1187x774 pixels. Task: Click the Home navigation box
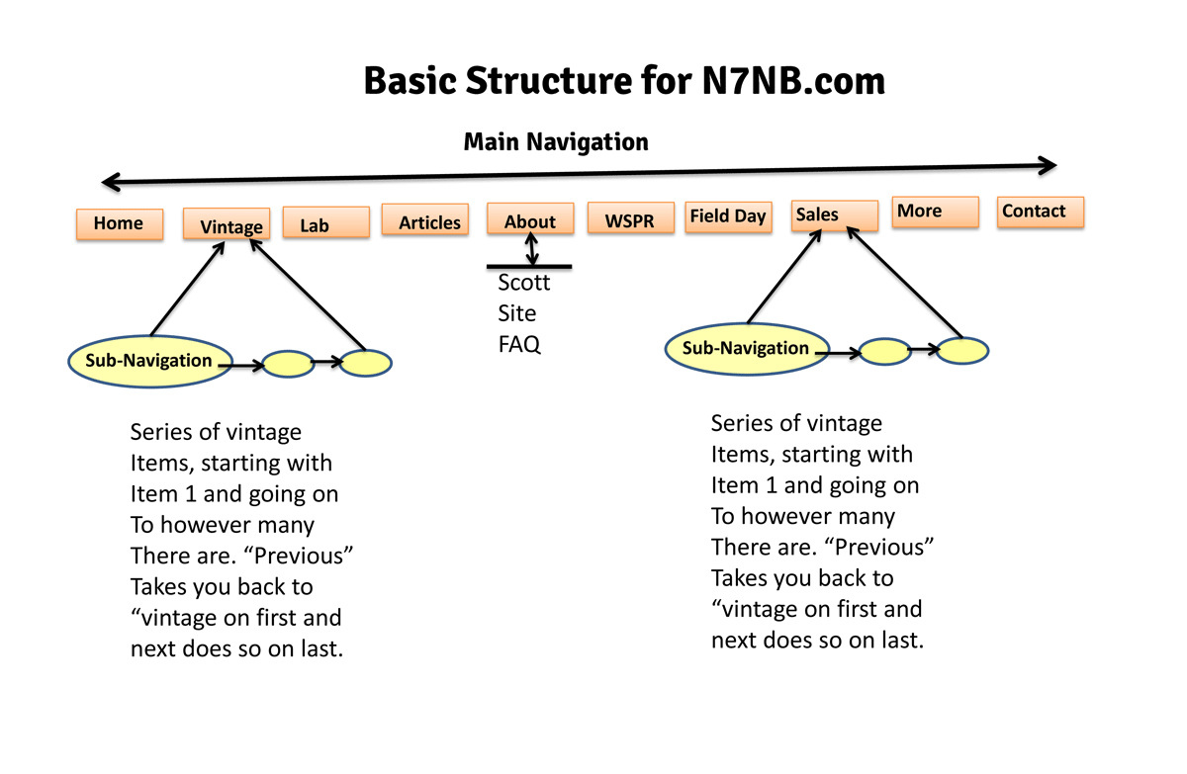click(x=120, y=224)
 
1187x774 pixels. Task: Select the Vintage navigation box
click(x=227, y=224)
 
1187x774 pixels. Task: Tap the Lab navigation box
click(x=325, y=223)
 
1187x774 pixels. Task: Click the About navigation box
click(x=529, y=219)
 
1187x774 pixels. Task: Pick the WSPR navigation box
click(x=630, y=218)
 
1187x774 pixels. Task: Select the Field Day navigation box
click(x=728, y=217)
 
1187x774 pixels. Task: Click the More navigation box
click(x=935, y=213)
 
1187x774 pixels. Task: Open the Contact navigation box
click(x=1040, y=212)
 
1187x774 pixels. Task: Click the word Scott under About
click(x=523, y=283)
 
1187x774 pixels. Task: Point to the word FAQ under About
click(x=519, y=344)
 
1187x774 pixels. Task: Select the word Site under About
click(x=517, y=313)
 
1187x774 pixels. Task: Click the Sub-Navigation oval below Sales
click(x=746, y=348)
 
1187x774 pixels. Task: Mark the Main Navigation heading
click(x=556, y=142)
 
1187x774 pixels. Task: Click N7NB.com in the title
click(x=785, y=80)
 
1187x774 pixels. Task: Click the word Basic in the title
click(x=413, y=80)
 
